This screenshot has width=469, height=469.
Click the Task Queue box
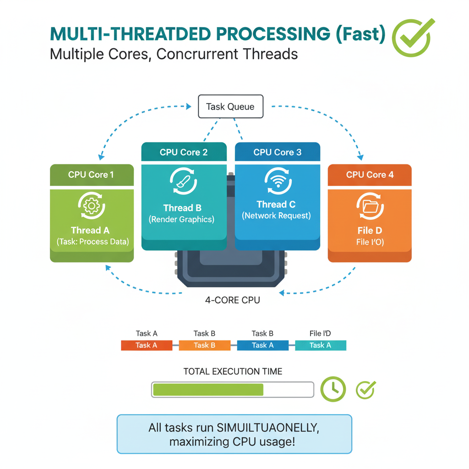[231, 107]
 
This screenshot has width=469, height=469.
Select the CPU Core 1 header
[91, 175]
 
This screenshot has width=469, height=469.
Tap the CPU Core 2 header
[184, 152]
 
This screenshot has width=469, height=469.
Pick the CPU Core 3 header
[277, 152]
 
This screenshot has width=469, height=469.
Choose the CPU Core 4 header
[370, 175]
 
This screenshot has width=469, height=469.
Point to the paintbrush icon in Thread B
[183, 182]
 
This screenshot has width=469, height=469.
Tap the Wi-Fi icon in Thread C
[278, 181]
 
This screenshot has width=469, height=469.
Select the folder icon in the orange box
[370, 207]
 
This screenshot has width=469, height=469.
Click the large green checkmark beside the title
[412, 37]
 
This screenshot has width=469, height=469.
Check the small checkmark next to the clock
[366, 389]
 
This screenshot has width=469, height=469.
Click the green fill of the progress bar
[208, 390]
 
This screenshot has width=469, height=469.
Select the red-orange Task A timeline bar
[146, 345]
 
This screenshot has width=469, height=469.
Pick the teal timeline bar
[320, 345]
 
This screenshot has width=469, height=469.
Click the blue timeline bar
[262, 345]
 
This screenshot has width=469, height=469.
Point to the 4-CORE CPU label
[232, 300]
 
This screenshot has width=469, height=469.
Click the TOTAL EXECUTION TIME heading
[233, 371]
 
